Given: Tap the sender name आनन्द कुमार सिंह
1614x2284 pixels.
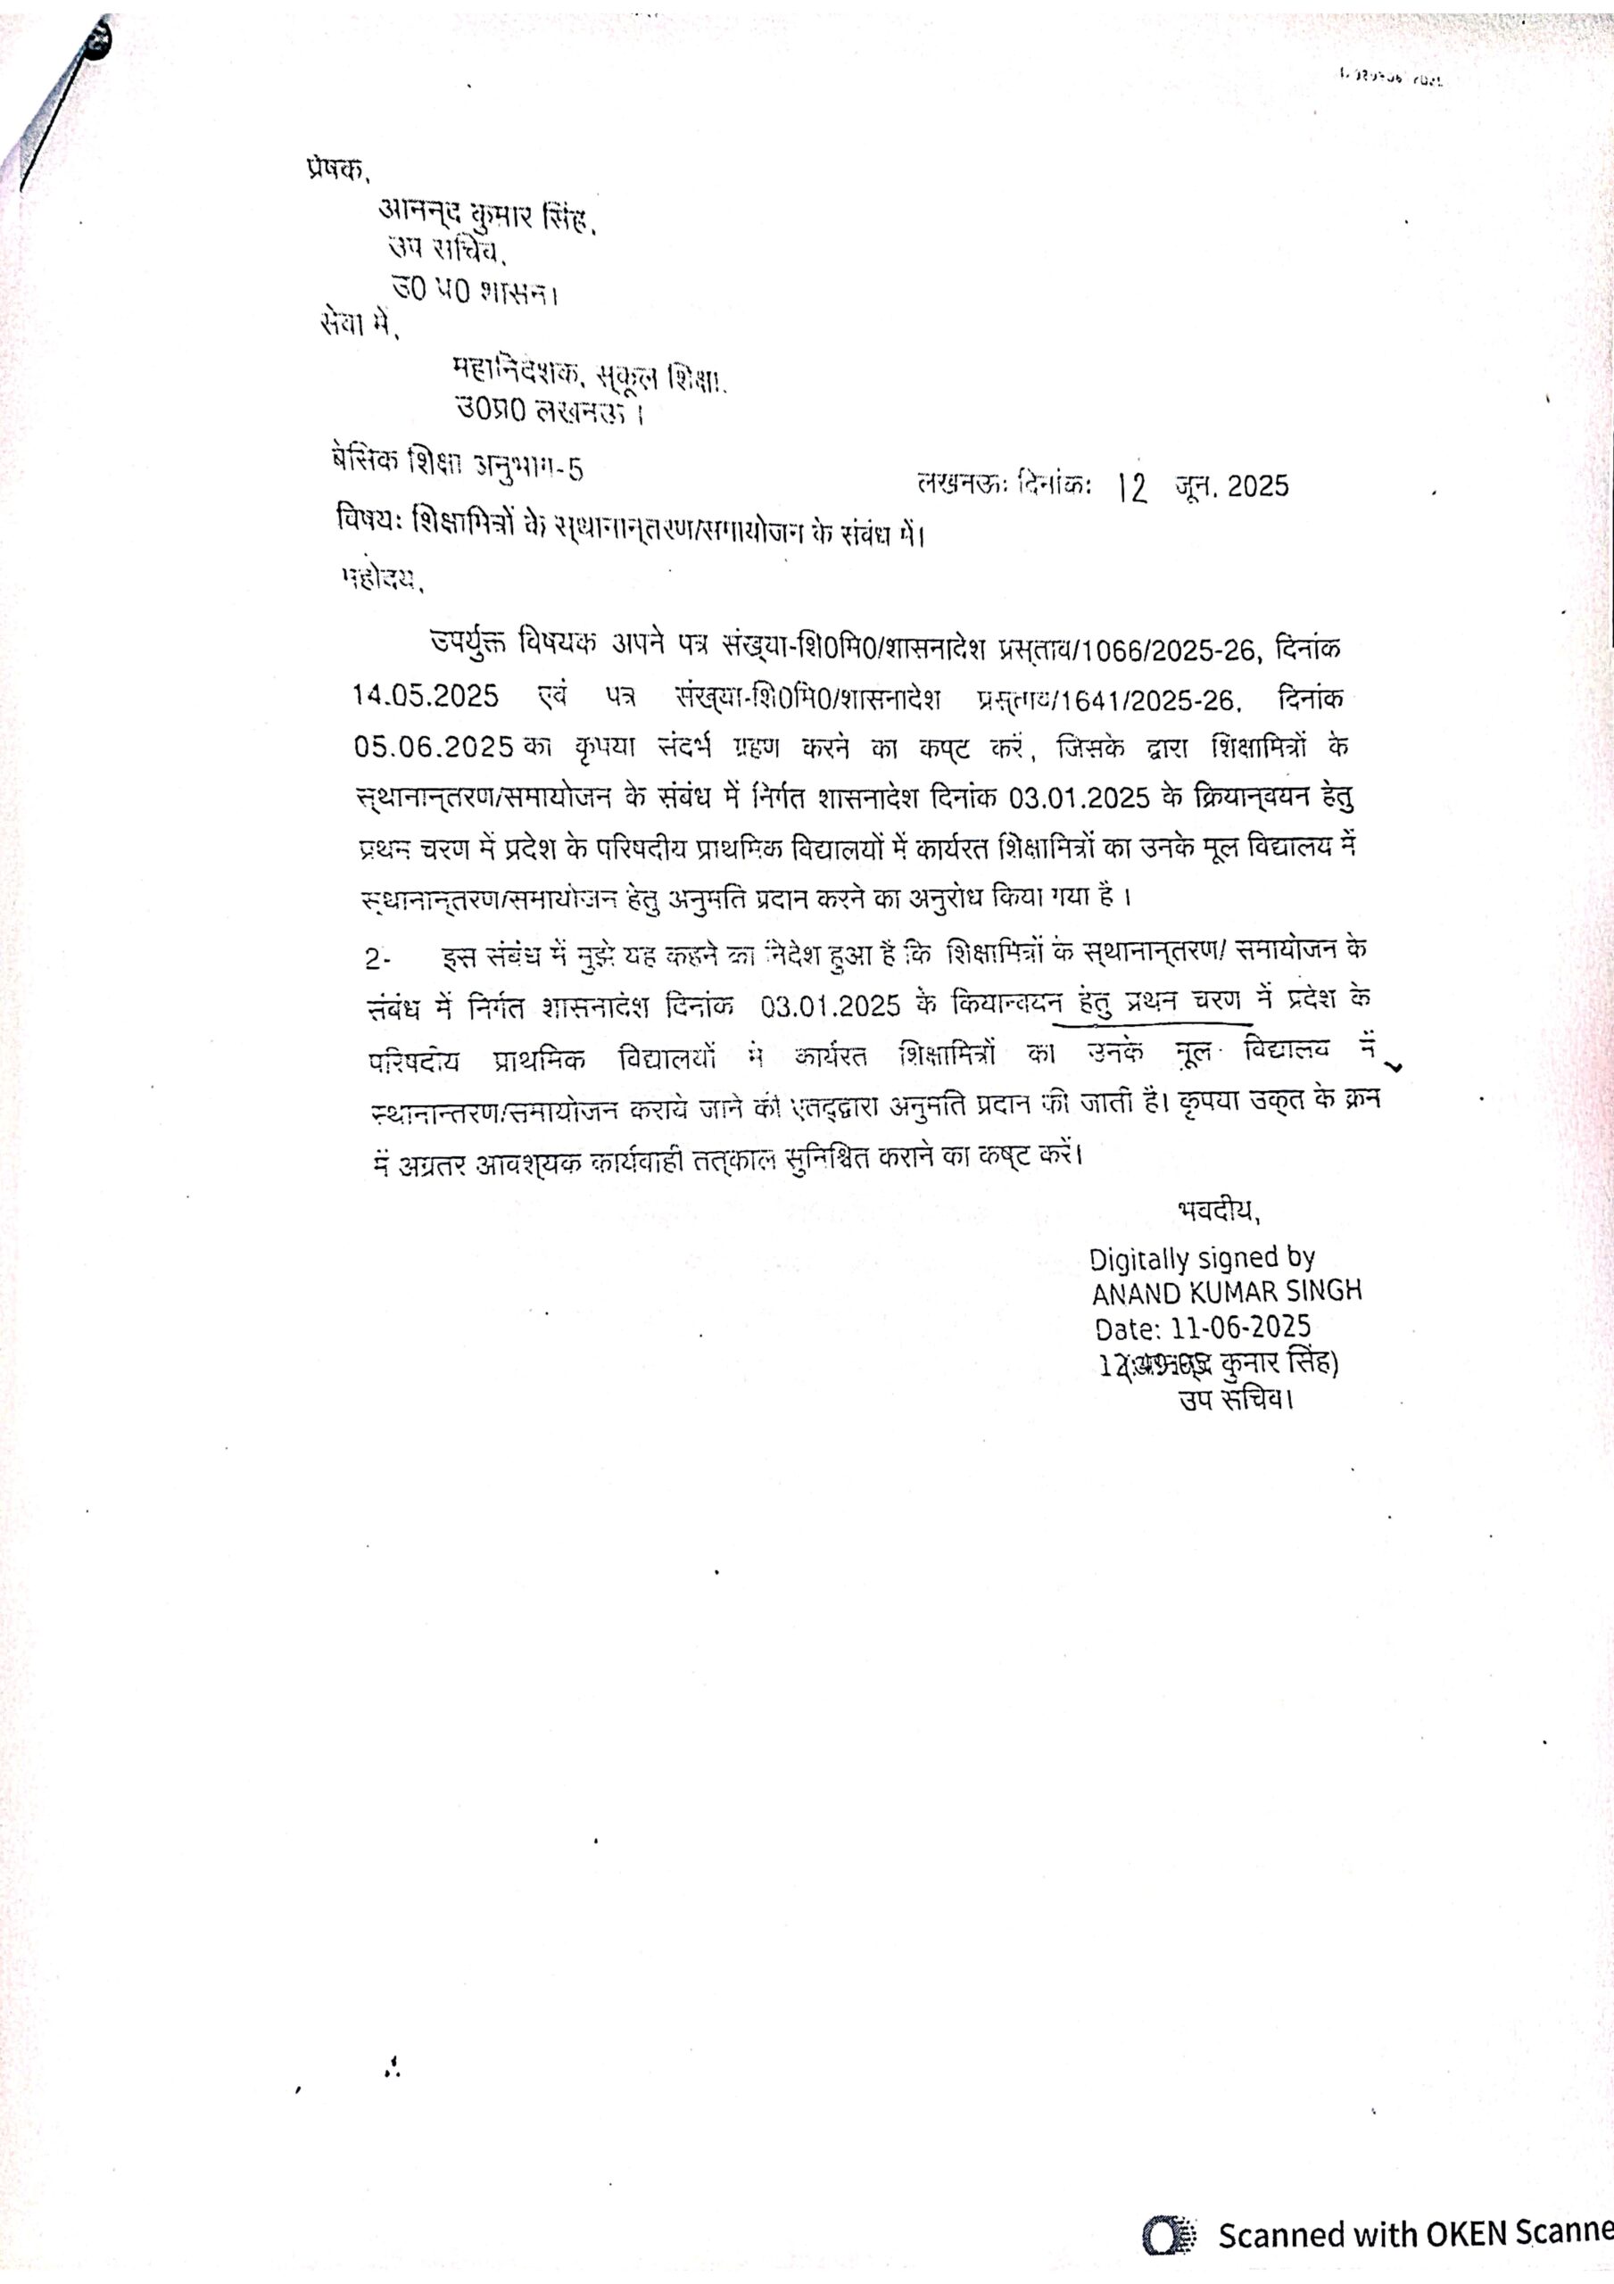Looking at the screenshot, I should click(x=485, y=216).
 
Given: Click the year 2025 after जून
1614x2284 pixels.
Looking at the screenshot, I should click(x=1258, y=486).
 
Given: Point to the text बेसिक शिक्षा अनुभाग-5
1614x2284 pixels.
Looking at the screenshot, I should click(x=458, y=462).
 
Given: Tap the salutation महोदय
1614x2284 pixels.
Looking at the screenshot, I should click(x=382, y=578).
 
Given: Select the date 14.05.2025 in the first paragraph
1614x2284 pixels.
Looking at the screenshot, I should click(x=425, y=695).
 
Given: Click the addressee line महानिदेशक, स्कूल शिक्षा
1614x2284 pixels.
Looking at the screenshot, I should click(x=589, y=374).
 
